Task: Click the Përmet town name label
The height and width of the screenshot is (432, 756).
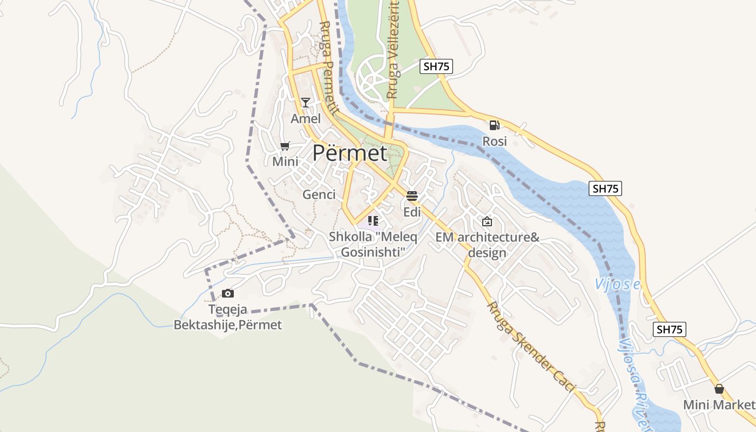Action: [x=349, y=153]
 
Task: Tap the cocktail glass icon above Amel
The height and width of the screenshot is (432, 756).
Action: [x=306, y=103]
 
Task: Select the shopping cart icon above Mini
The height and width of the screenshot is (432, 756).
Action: [x=285, y=146]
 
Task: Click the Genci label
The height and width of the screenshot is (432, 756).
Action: [x=319, y=194]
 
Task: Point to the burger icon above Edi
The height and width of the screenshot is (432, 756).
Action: [x=412, y=195]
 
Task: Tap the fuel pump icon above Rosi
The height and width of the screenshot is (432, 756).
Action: [x=494, y=125]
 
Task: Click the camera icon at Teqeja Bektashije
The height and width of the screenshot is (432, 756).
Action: [x=228, y=293]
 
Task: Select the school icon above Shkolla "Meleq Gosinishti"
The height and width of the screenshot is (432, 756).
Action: [x=373, y=220]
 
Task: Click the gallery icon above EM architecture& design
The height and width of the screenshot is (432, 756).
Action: [x=487, y=221]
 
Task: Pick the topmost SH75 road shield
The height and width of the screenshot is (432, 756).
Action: [x=436, y=66]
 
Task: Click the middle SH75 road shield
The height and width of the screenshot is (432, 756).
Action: [x=605, y=188]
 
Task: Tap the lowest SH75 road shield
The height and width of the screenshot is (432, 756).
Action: [x=670, y=329]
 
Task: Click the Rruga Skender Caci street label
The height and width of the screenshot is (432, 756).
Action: [x=531, y=346]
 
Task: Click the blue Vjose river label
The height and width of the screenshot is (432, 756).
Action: [x=617, y=284]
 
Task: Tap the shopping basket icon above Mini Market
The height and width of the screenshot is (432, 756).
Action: [x=719, y=389]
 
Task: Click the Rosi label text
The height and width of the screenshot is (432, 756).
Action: [x=495, y=141]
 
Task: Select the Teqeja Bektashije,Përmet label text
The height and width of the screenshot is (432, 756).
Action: [x=228, y=318]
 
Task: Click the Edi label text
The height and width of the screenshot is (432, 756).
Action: [x=412, y=212]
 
